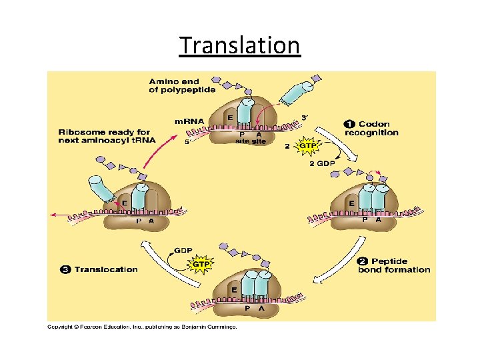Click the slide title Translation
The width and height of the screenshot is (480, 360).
[x=240, y=45]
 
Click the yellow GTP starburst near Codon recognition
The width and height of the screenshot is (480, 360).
[x=308, y=145]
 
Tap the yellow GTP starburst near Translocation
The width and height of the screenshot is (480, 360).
[x=201, y=264]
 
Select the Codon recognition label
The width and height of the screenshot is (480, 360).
[x=377, y=128]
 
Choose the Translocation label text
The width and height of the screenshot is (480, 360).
[x=106, y=269]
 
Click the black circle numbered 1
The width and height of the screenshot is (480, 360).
[x=349, y=124]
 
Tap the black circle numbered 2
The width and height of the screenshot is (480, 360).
[x=362, y=261]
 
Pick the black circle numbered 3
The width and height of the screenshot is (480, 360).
[x=65, y=269]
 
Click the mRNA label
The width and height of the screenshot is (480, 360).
[x=189, y=120]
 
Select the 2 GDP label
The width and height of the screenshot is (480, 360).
[x=322, y=163]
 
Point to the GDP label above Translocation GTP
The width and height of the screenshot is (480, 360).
[x=183, y=251]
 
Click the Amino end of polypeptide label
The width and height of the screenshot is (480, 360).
[x=182, y=86]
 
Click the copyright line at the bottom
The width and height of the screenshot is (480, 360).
[x=141, y=327]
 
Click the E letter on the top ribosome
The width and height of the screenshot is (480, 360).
[x=230, y=117]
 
